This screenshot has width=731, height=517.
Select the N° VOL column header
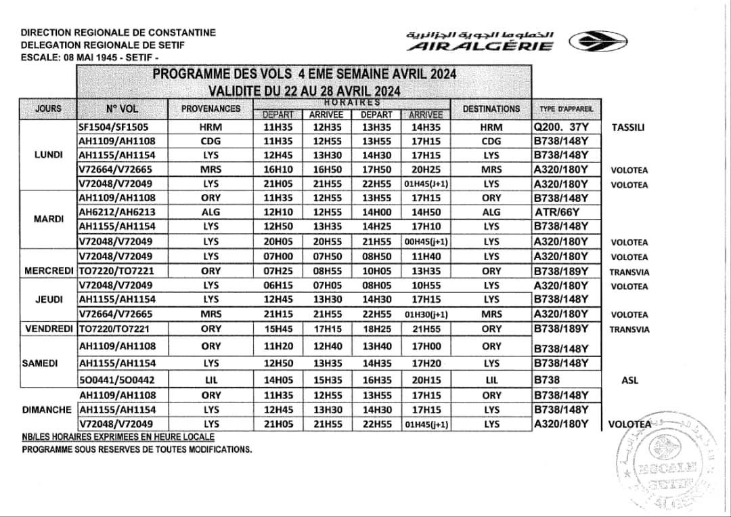coord(122,108)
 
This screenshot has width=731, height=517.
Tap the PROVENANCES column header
coord(211,108)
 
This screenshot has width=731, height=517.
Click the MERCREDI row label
coord(48,271)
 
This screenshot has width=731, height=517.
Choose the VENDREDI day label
coord(48,329)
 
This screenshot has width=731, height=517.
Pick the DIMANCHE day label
coord(48,410)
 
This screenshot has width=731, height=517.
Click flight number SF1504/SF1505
coord(114,127)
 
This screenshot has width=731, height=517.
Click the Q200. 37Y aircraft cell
coord(561,127)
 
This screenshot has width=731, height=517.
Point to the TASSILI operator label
coord(627,127)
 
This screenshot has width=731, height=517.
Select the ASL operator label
coord(629,381)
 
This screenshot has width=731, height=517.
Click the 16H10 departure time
coord(277,169)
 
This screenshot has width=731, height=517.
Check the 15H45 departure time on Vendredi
coord(277,329)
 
